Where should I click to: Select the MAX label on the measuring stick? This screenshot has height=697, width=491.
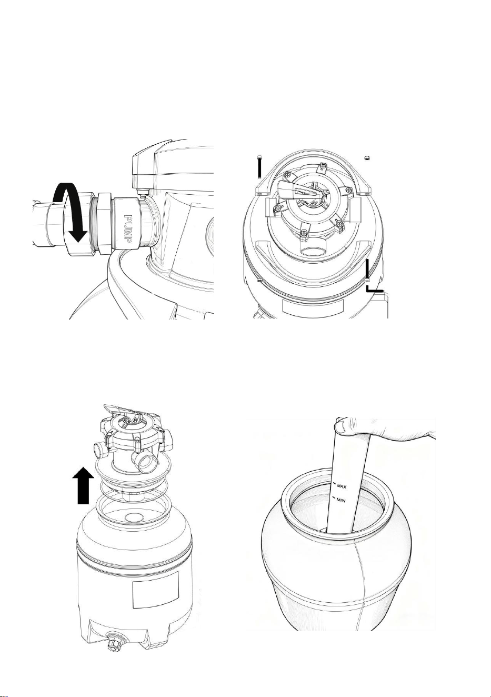(342, 486)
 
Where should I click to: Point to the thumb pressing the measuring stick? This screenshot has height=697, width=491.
(341, 425)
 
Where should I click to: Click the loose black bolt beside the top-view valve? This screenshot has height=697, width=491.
(259, 166)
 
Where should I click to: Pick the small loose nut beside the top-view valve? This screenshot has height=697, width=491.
(367, 158)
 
